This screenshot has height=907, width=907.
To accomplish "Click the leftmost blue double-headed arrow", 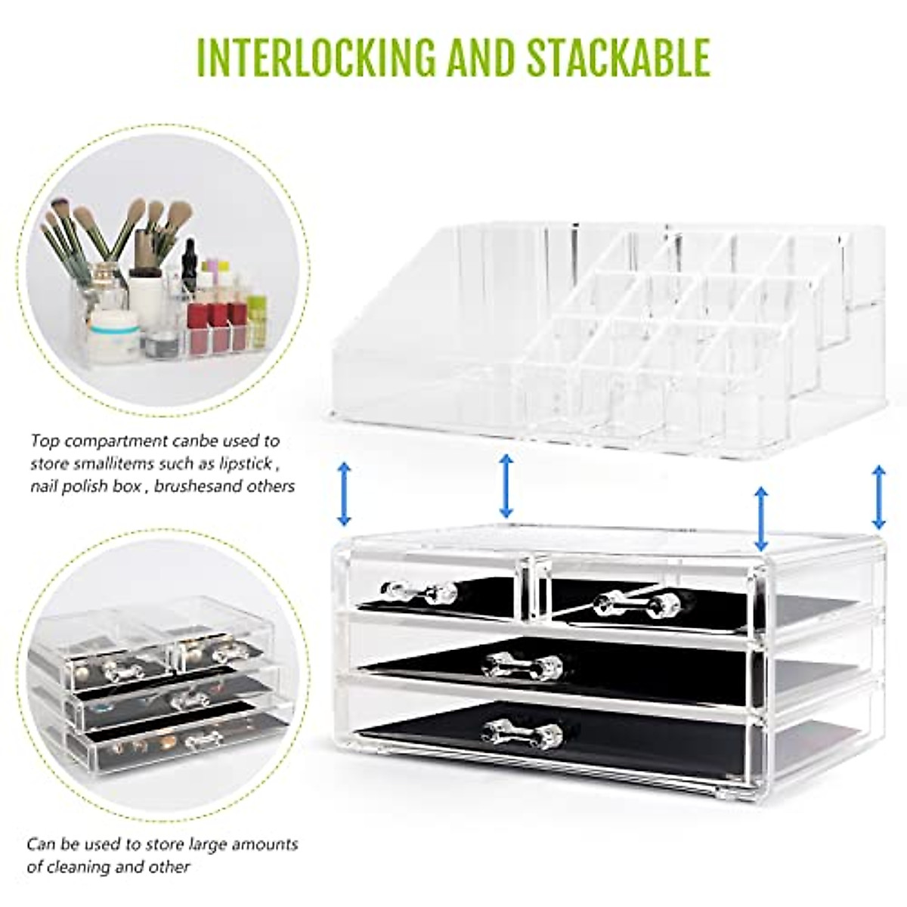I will (x=344, y=494).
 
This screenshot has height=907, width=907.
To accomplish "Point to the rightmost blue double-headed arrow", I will (x=878, y=497).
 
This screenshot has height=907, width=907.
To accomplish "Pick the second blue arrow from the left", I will (x=506, y=485).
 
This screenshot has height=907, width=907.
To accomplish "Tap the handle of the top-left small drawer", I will (x=419, y=592).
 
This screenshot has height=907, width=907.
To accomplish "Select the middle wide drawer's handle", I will (x=523, y=666).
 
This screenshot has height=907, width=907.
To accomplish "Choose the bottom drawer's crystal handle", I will (x=523, y=732).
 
